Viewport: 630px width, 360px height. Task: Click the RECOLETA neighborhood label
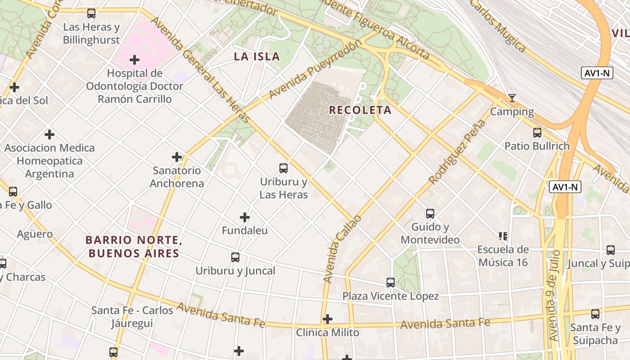(360, 110)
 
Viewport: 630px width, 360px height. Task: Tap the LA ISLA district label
(256, 57)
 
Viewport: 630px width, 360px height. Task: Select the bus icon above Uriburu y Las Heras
(283, 168)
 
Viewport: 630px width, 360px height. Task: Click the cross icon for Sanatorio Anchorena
(177, 157)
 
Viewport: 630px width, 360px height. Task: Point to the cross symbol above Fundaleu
(245, 217)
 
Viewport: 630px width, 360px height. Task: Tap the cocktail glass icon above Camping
(512, 98)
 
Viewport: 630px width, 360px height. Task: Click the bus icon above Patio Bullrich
(537, 132)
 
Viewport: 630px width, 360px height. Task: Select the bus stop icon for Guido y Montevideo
(430, 213)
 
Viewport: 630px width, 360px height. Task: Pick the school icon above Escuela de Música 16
(503, 236)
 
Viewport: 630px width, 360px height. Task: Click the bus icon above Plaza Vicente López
(391, 282)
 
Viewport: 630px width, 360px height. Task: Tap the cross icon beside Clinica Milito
(328, 319)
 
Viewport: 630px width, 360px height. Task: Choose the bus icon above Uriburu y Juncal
(235, 257)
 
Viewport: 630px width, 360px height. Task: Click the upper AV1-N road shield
(597, 73)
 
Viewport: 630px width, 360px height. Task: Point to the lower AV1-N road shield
(565, 187)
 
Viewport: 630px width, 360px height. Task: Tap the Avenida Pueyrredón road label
(315, 69)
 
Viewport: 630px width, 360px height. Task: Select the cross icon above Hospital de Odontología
(134, 59)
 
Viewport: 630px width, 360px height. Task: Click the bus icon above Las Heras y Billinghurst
(91, 13)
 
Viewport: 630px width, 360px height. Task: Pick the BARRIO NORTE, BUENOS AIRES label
(134, 247)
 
